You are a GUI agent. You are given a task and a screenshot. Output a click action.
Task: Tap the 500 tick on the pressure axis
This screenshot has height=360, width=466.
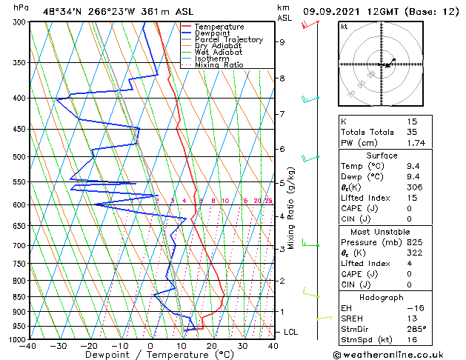[x=20, y=157]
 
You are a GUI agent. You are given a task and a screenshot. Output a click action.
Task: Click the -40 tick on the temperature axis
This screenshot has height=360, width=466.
[x=28, y=345]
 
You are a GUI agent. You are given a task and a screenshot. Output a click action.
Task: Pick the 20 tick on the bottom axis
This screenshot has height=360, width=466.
[x=211, y=345]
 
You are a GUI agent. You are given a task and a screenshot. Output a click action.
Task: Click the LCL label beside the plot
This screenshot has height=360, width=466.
[x=290, y=332]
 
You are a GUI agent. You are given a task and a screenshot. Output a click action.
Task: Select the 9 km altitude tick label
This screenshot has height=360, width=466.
[x=282, y=42]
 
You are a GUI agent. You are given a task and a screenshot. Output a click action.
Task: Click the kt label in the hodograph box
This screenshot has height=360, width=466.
[x=344, y=26]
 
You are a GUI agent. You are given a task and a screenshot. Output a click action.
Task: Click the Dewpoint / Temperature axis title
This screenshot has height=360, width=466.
[x=150, y=355]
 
